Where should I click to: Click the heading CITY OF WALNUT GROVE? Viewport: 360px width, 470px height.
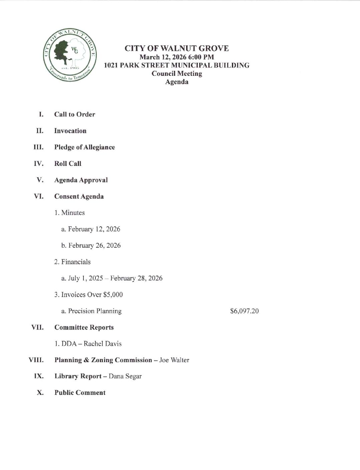click(176, 48)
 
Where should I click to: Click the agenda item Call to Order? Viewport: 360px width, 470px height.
click(74, 114)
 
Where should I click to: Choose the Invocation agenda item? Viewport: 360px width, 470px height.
click(70, 131)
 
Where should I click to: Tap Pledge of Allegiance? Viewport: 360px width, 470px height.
click(84, 147)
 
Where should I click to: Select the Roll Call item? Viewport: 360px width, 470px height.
click(68, 164)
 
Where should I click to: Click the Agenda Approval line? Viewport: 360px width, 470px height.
click(81, 180)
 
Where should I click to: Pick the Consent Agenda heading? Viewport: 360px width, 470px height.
click(79, 196)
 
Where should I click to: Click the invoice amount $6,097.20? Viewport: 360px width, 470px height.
click(244, 311)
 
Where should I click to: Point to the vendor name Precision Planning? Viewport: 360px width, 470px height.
click(95, 311)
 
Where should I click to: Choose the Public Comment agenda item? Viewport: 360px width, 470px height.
click(80, 393)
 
